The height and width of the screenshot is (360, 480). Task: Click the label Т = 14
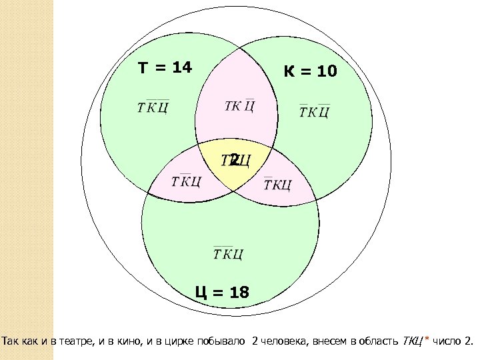tap(165, 68)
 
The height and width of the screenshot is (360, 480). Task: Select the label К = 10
tap(311, 71)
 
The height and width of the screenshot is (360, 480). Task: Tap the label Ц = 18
tap(222, 291)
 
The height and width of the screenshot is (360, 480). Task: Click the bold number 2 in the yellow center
tap(234, 159)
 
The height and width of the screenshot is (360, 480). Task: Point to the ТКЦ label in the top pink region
tap(239, 106)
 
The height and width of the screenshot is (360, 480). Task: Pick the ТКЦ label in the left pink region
tap(187, 181)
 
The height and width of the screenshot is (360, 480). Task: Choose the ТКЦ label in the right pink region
tap(277, 183)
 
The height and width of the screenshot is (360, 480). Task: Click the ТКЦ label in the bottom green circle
tap(228, 253)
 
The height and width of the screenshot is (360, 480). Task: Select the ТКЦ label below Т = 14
tap(152, 107)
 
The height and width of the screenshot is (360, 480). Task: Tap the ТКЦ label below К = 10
tap(314, 111)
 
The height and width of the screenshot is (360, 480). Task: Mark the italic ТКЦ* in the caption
tap(415, 343)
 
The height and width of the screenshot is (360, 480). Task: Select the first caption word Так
tap(11, 343)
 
